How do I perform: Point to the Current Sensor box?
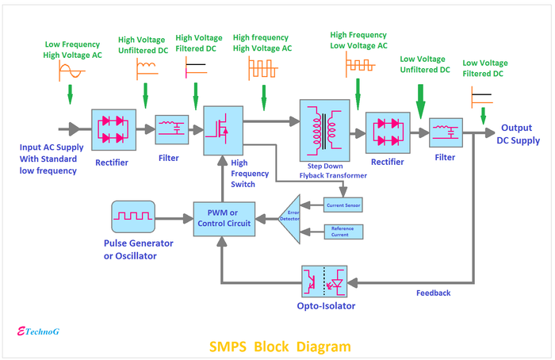point(343,205)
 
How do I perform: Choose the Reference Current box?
point(343,231)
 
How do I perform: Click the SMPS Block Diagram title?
point(279,347)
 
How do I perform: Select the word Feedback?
point(433,293)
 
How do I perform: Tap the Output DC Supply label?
point(520,134)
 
